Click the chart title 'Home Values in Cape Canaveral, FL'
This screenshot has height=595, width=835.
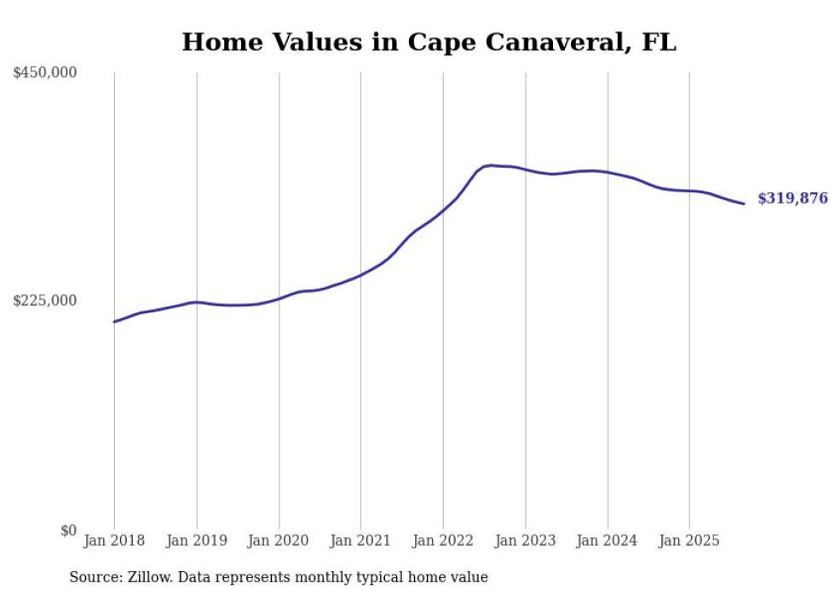tap(429, 43)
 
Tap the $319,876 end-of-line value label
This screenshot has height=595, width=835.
tap(792, 198)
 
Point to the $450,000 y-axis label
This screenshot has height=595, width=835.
tap(45, 73)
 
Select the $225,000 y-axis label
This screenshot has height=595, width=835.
tap(45, 300)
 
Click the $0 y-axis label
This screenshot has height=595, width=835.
tap(68, 530)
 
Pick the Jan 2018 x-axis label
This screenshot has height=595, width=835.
tap(114, 541)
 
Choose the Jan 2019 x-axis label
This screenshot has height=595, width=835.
tap(197, 541)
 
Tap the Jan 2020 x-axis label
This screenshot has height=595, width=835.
tap(279, 541)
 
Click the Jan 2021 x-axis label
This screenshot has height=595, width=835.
tap(360, 541)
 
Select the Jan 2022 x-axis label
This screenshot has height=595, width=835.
tap(443, 541)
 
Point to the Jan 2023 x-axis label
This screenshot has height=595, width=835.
tap(526, 541)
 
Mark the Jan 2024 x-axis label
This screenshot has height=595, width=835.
tap(608, 541)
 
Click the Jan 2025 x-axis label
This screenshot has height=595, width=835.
tap(689, 541)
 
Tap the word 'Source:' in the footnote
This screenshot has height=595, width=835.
tap(94, 577)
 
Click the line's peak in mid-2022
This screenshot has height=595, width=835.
tap(489, 165)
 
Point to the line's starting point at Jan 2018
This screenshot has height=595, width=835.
tap(114, 322)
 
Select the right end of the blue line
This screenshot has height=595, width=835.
tap(744, 203)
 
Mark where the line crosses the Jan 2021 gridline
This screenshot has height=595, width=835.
tap(360, 274)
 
